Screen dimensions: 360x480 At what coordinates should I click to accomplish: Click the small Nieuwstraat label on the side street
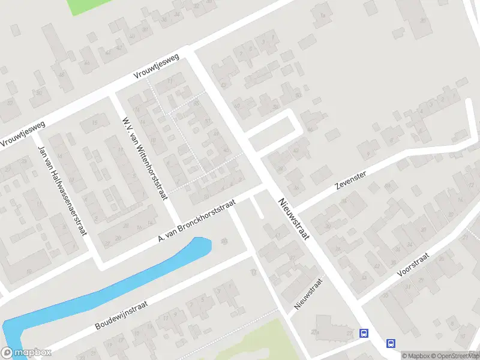pos(308,293)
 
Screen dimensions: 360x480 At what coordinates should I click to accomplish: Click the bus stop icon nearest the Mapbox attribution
pos(391,344)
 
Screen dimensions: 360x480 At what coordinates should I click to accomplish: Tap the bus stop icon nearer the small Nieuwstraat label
pos(364,333)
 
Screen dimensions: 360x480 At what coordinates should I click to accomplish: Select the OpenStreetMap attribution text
pos(454,356)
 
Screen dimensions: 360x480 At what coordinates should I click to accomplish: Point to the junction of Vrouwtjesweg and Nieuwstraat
pos(191,52)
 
